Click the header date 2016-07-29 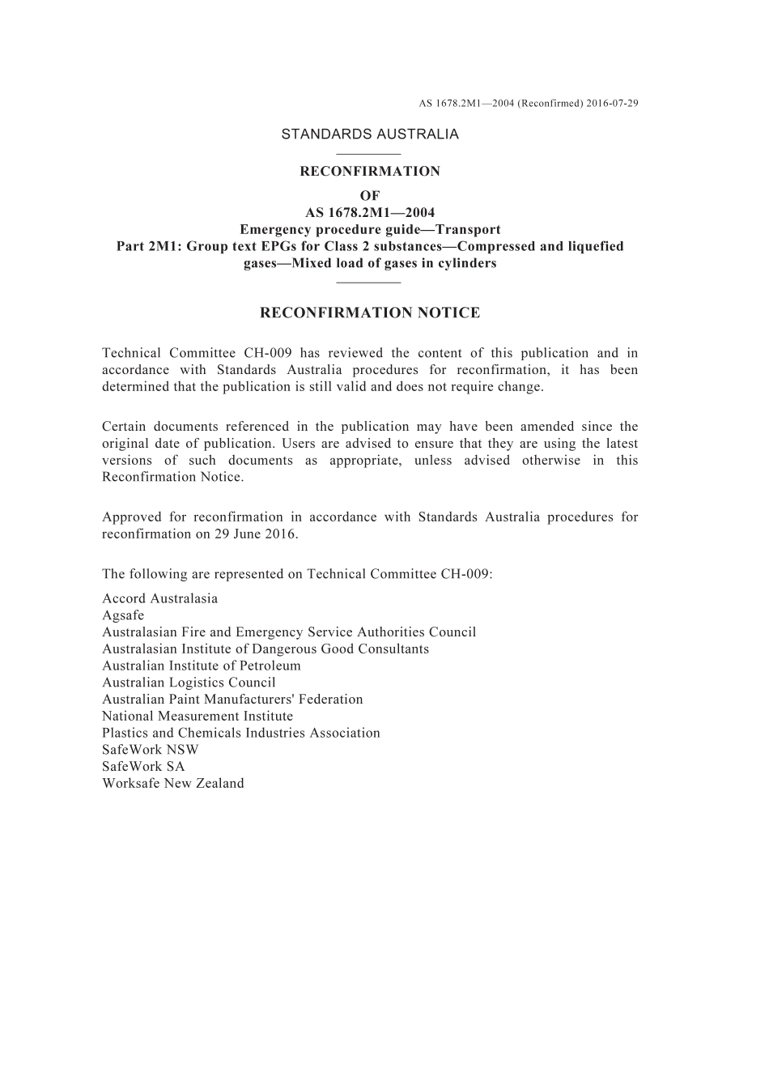[x=612, y=104]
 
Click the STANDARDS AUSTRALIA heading [x=370, y=134]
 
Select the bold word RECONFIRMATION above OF [x=370, y=172]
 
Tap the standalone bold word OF [x=370, y=196]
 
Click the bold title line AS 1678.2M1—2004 [x=370, y=213]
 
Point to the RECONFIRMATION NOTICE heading [x=370, y=313]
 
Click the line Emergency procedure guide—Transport [x=370, y=229]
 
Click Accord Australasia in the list [x=159, y=599]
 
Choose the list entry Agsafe [x=123, y=615]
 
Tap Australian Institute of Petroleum [x=202, y=666]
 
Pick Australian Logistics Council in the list [x=189, y=683]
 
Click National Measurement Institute [x=198, y=717]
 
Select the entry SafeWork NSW [x=150, y=750]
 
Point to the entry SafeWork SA [x=143, y=767]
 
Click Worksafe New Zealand [x=172, y=784]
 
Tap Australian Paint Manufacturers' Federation [x=232, y=700]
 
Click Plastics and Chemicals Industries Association [x=240, y=733]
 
